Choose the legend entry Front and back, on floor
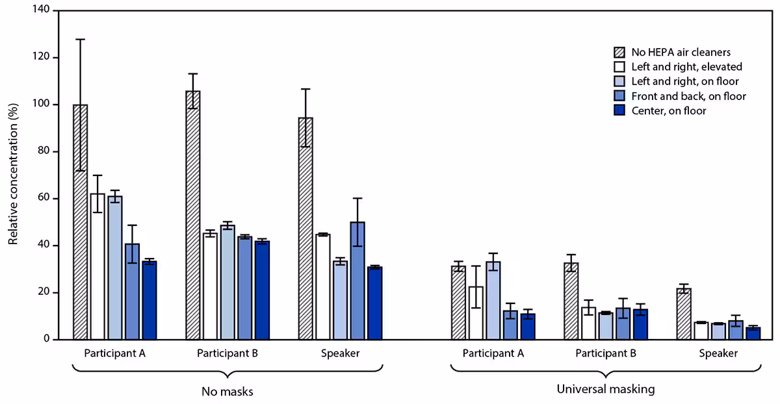(688, 96)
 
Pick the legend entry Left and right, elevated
(686, 66)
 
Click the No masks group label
(226, 392)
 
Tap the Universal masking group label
(605, 390)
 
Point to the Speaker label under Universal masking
(718, 354)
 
